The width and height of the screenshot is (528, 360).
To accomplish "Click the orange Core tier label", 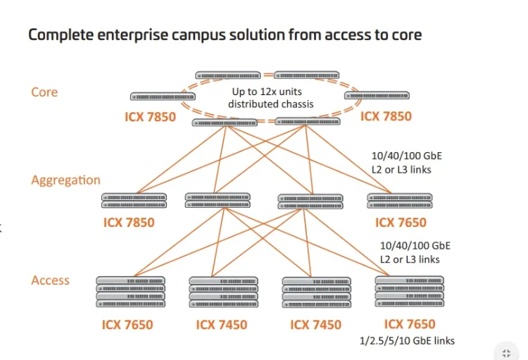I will pos(44,92).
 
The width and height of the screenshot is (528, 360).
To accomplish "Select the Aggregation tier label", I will pos(65,180).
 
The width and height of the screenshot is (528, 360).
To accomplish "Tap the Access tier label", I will pos(50,280).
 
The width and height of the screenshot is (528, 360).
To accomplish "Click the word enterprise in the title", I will pos(142,34).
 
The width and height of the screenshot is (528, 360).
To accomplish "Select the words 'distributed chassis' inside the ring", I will pos(270,104).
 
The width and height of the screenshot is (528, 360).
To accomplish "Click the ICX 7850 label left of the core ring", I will pos(150,116).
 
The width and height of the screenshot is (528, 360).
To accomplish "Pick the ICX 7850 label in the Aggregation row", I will pos(129,223).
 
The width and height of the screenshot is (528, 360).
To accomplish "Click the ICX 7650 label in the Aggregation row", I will pos(401,223).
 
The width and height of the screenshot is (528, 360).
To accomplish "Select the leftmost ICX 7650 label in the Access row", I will pos(127,325).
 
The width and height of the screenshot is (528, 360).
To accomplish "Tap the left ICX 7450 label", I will pos(222,325).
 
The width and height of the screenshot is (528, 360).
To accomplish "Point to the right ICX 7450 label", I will pos(315,325).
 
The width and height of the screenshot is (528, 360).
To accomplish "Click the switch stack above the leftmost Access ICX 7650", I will pos(130,292).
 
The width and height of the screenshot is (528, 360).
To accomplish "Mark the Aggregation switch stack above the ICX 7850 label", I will pos(134,201).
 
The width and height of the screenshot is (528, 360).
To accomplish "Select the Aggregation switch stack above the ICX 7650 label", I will pos(399,201).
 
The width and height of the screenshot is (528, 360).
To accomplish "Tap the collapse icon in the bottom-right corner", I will pos(506,353).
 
